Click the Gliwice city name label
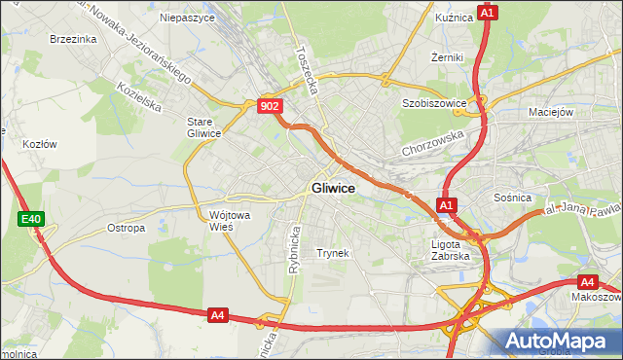[x=333, y=189]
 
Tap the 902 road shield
[x=271, y=106]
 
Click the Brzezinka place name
[x=72, y=39]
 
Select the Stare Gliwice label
[x=204, y=127]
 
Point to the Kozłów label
[x=39, y=143]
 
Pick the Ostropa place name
[x=126, y=229]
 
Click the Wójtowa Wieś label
[x=228, y=220]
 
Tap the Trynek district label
[x=332, y=253]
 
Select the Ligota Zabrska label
[x=450, y=250]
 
